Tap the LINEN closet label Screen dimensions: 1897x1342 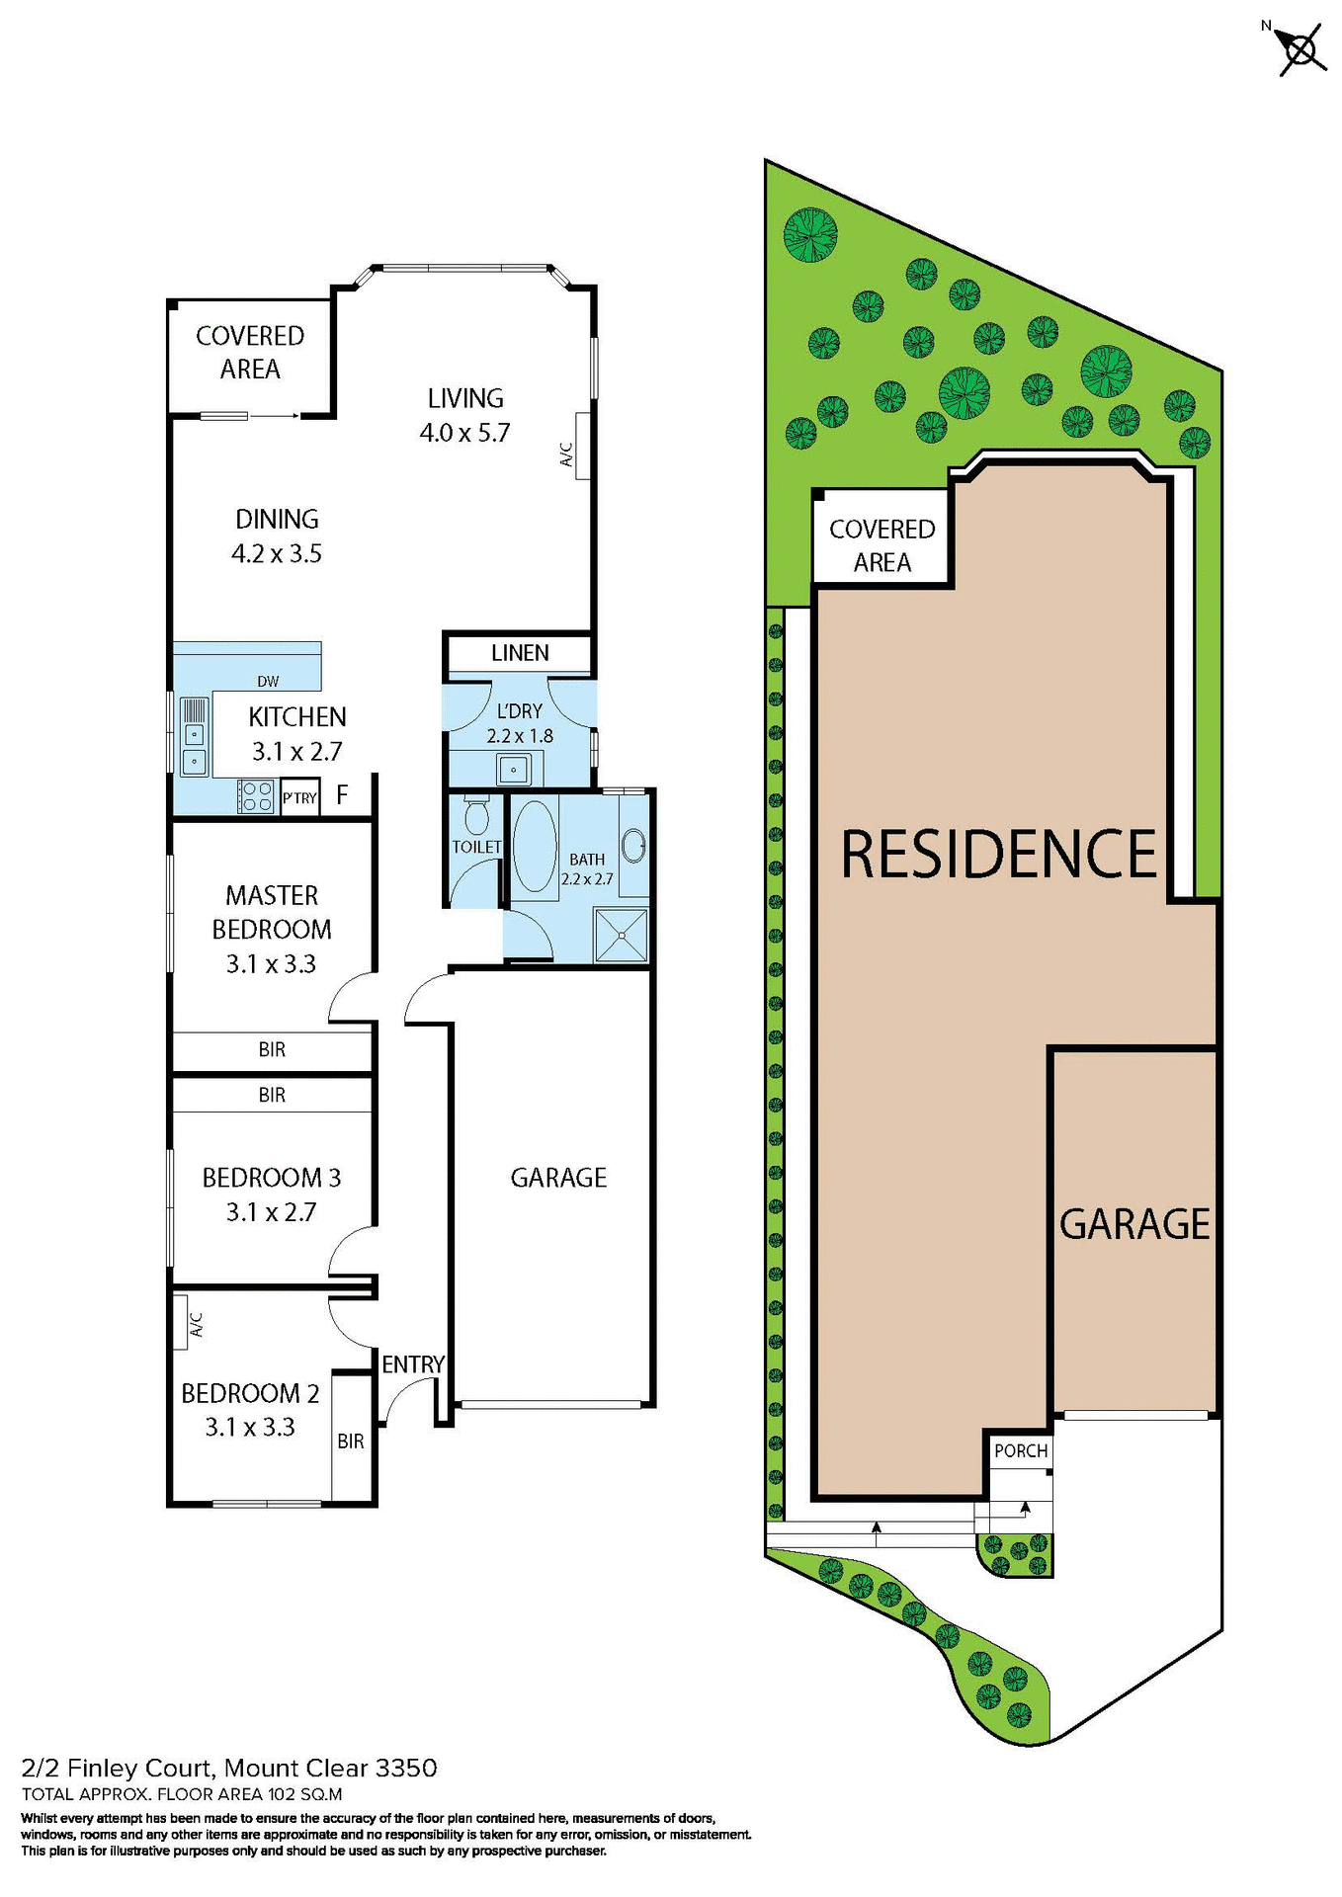pos(520,653)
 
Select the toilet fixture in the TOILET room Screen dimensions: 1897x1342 pos(476,815)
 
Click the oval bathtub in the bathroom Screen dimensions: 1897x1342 pos(535,848)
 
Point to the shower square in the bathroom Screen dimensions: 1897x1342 pos(621,935)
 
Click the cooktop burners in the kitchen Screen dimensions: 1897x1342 pos(257,796)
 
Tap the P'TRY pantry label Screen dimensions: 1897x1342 pos(299,798)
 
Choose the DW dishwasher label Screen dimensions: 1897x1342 pos(268,681)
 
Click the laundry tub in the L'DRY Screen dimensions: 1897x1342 pos(514,769)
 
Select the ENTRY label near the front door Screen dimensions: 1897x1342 pos(413,1364)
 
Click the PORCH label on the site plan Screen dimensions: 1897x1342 pos(1021,1450)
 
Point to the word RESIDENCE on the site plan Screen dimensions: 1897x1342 pos(998,855)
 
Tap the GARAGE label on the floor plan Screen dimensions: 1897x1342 pos(558,1178)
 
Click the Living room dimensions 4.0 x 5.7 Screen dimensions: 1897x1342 pos(464,433)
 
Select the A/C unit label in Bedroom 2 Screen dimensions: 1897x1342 pos(196,1324)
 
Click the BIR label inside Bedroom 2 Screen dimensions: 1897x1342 pos(351,1442)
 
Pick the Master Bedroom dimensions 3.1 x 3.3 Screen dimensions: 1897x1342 pos(271,964)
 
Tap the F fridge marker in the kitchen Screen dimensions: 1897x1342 pos(342,795)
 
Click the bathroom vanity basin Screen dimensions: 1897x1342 pos(634,846)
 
